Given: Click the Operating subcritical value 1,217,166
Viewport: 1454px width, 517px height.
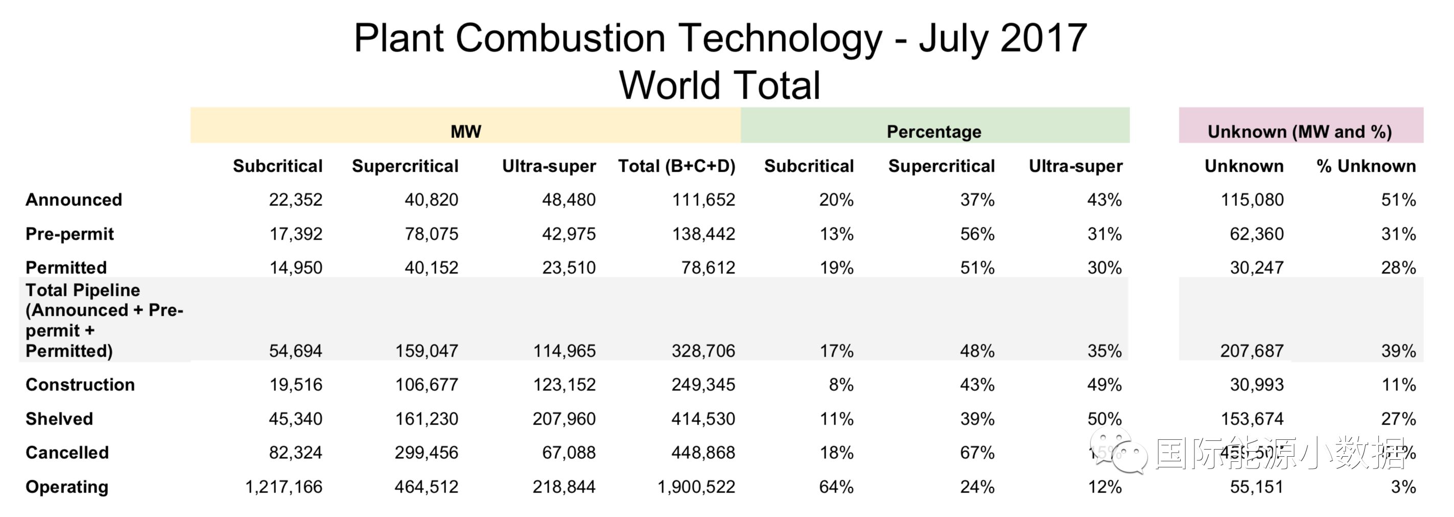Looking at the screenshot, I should (x=284, y=486).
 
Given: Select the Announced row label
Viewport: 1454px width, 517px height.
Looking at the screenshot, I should (x=74, y=200).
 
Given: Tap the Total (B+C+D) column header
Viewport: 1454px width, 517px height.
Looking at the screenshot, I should (x=676, y=166).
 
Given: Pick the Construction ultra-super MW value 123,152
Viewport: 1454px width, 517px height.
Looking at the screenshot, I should (x=564, y=385).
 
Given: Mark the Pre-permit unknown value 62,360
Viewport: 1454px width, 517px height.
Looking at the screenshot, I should (x=1256, y=233).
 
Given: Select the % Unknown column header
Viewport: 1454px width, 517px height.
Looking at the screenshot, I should (x=1366, y=166).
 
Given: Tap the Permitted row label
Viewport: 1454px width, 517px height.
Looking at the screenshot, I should (x=66, y=268).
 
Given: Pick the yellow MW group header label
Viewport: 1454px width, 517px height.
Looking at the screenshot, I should (x=465, y=131).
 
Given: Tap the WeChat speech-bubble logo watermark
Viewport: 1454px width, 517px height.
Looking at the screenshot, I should (x=1118, y=450).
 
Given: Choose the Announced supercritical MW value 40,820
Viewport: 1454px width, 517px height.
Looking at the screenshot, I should (x=431, y=200).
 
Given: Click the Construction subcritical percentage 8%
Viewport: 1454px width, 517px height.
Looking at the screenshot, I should (x=840, y=385).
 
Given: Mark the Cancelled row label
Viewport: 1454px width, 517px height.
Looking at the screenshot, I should (x=67, y=453).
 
